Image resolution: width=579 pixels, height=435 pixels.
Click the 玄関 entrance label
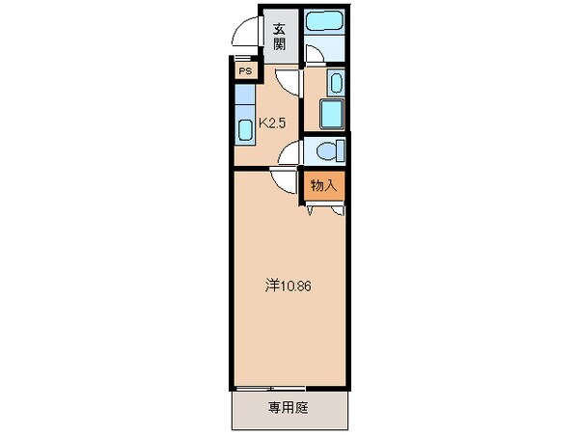coord(279,36)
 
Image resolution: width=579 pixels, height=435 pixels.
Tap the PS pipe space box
coord(244,70)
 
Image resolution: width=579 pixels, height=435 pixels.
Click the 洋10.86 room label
coord(288,285)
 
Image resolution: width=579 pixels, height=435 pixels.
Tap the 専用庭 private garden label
coord(288,408)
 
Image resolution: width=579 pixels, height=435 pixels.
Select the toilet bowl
coord(324,150)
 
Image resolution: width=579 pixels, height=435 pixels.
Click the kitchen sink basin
coord(244,127)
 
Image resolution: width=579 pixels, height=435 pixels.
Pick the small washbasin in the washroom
coord(334,82)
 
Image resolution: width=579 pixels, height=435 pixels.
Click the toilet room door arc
coord(293,150)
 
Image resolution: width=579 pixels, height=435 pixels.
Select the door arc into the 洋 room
coord(283,180)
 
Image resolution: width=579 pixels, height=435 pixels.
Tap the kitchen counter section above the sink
coord(244,97)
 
